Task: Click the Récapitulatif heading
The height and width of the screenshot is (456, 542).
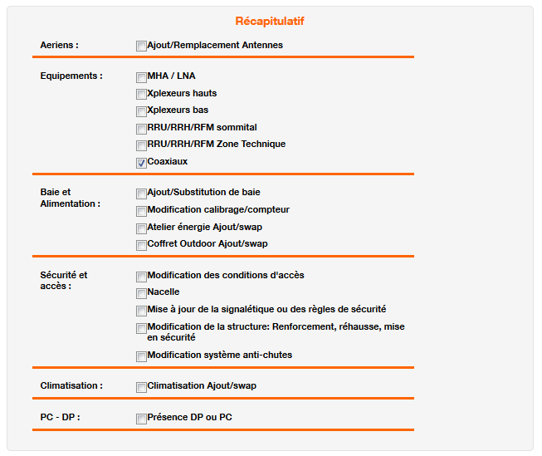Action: pos(270,21)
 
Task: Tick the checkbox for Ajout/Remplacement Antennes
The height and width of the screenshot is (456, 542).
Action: pos(141,46)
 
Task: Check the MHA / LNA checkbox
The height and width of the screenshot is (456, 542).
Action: pos(141,76)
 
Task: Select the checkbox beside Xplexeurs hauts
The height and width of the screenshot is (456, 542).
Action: pos(141,94)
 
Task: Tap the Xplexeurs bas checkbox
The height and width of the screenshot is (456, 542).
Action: pos(141,110)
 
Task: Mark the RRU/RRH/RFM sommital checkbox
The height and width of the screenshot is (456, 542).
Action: pos(141,128)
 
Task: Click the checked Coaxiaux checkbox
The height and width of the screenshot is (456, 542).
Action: pos(141,162)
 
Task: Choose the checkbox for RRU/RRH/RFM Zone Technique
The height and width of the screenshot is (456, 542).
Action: pos(141,145)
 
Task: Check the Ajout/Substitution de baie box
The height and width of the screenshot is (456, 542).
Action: pos(141,193)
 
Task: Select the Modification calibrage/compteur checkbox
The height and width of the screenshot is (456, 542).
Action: pos(141,210)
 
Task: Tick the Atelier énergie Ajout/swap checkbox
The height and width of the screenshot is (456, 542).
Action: pos(141,228)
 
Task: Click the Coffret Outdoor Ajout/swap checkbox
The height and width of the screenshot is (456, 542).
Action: pos(141,244)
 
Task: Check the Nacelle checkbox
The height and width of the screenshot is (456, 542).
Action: pos(141,292)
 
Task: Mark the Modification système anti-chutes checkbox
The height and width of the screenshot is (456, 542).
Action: pos(141,355)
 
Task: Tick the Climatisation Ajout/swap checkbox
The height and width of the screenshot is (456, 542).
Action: pos(141,386)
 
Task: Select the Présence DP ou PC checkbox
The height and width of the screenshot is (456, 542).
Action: pos(141,418)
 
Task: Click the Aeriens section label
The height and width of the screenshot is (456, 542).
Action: pos(60,45)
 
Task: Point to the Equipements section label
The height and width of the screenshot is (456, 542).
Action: pos(71,76)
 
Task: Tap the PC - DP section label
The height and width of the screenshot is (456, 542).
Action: pos(60,417)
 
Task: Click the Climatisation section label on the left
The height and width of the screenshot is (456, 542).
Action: pos(71,385)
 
